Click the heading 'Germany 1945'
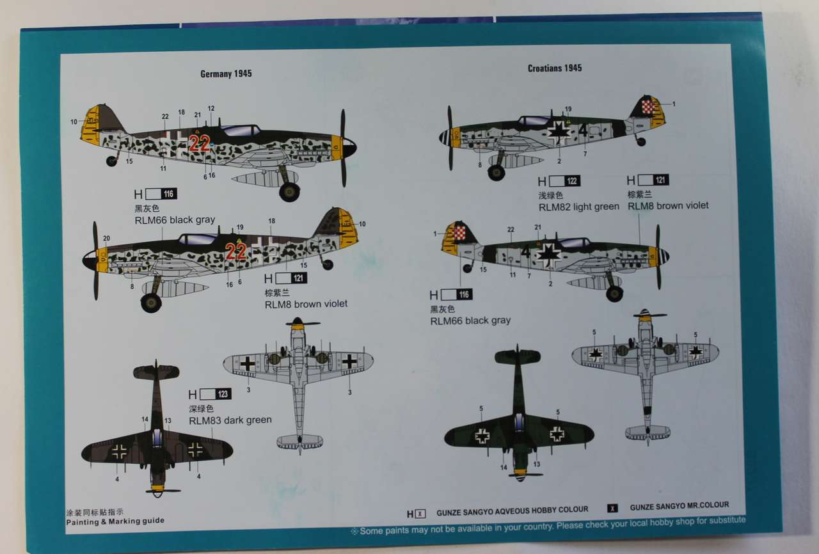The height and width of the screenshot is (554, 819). (226, 74)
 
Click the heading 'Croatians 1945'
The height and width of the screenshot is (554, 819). (555, 68)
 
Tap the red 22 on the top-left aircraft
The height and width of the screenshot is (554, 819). (199, 144)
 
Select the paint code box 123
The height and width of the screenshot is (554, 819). (223, 395)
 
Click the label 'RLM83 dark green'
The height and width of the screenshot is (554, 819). (230, 420)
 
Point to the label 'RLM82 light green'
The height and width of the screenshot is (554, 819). (578, 207)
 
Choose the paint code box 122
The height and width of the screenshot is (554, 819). (572, 181)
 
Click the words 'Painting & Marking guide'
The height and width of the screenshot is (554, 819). (115, 521)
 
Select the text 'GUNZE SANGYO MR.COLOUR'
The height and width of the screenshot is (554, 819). (679, 506)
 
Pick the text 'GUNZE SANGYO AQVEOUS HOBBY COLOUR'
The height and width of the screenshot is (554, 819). (512, 510)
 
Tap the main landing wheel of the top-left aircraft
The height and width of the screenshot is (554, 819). (289, 191)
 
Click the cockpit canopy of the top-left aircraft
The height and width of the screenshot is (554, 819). (240, 131)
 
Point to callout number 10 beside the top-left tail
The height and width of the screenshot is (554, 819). (74, 122)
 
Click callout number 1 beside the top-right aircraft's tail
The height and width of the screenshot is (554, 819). (674, 104)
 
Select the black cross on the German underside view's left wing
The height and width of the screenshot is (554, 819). (248, 363)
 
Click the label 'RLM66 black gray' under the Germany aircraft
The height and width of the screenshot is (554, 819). (174, 220)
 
